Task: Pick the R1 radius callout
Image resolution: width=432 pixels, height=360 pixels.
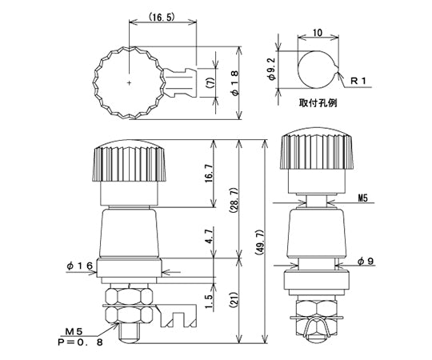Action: tap(358, 81)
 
